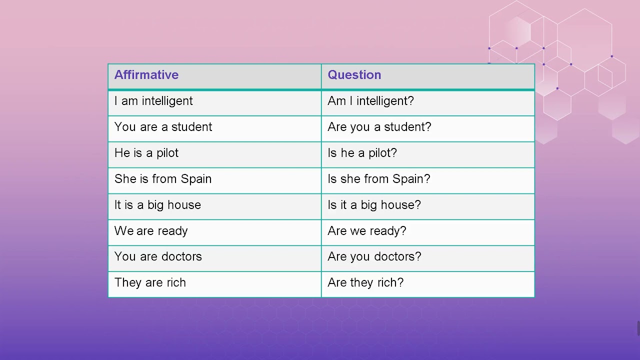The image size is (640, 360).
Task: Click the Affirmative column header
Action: coord(146,75)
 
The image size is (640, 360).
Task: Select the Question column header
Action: coord(354,75)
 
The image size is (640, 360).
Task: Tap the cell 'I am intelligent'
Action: coord(153,101)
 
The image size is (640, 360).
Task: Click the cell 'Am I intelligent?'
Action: coord(370,101)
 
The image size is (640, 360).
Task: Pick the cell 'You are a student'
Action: coord(163,127)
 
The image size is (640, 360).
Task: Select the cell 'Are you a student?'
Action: coord(379,127)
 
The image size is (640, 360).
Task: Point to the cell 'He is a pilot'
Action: coord(146,153)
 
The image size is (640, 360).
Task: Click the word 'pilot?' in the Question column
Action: coord(382,153)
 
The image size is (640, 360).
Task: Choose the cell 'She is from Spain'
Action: coord(162,179)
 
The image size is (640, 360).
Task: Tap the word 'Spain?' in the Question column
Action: coord(411,179)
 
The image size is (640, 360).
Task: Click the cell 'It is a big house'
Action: coord(157,205)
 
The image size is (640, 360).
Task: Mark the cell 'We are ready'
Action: coord(151,231)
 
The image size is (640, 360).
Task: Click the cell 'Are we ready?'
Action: coord(366,231)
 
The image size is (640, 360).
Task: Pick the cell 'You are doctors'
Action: coord(158,256)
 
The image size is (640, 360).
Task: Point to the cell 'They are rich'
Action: coord(150,282)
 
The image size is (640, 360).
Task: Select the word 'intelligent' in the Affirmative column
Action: coord(167,101)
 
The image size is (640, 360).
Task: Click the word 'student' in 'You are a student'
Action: coord(191,127)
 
